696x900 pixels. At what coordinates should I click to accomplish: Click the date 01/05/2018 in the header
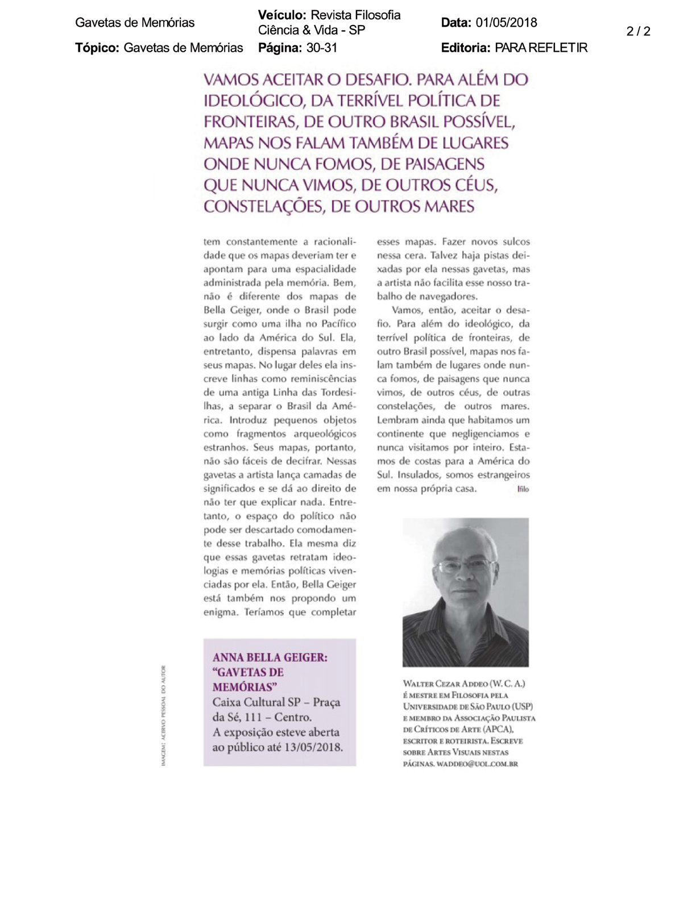506,23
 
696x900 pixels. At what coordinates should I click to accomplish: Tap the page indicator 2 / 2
638,31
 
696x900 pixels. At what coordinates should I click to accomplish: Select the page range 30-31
322,48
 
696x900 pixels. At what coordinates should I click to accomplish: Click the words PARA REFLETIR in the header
541,48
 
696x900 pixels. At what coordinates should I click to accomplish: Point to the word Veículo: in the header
282,15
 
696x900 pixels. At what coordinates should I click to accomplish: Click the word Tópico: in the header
97,48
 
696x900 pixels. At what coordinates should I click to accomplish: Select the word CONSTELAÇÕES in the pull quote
264,206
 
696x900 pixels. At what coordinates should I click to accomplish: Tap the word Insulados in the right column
418,474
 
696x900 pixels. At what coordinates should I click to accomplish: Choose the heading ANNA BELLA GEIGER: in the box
270,658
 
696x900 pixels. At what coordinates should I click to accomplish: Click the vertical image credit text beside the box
164,715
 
